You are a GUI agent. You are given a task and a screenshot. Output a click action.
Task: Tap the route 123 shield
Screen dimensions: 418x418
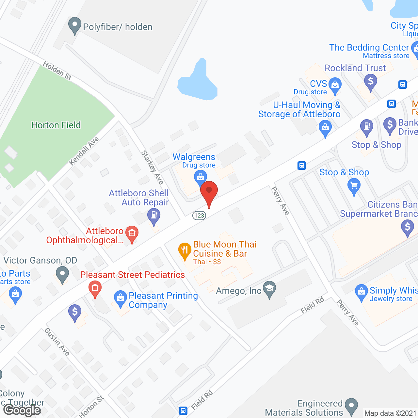(x=199, y=216)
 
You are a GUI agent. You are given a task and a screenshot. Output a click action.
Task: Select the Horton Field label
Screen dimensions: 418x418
(x=56, y=125)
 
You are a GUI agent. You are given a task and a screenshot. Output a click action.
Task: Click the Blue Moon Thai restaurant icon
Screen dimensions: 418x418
(x=185, y=250)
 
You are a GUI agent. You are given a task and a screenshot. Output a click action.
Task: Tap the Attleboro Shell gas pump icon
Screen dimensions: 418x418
(x=154, y=216)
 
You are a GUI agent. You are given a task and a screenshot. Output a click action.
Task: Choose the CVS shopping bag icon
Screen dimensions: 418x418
(x=335, y=85)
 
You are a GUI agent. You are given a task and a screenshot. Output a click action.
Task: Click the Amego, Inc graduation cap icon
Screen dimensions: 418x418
(x=269, y=288)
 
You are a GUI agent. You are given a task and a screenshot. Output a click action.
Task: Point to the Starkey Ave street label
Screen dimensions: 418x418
(x=152, y=167)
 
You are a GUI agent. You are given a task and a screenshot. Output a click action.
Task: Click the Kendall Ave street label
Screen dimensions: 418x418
(x=84, y=151)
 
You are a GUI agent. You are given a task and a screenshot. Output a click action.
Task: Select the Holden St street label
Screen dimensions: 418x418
(x=57, y=71)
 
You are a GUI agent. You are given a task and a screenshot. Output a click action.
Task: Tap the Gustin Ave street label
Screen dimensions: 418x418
(x=57, y=342)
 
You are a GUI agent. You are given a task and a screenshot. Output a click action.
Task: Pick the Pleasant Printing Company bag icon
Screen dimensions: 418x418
(x=120, y=298)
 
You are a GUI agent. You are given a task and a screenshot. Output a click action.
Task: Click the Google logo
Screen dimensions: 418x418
(x=22, y=410)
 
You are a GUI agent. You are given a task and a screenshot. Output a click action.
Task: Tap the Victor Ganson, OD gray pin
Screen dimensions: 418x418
(x=62, y=274)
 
